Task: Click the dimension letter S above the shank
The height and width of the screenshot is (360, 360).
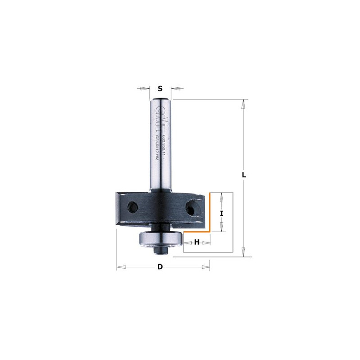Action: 160,89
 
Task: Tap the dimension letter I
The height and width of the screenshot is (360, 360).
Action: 221,214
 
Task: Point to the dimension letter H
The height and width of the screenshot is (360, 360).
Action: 197,243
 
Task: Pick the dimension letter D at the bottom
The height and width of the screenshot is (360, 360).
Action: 160,267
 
